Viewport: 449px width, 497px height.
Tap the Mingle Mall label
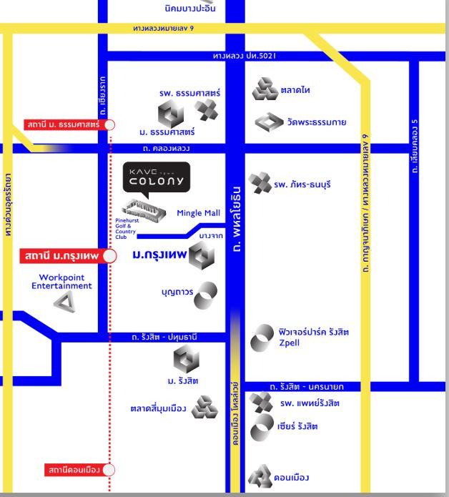point(198,213)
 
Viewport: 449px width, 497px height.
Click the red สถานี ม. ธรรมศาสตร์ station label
point(64,125)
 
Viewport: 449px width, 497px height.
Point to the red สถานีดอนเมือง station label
point(72,470)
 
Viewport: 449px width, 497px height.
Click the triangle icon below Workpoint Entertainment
point(64,302)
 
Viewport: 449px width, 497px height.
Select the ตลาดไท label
point(295,91)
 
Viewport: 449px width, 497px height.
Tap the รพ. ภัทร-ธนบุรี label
point(302,184)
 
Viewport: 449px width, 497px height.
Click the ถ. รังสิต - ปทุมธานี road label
point(164,337)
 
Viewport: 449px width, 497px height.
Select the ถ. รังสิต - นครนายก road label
point(306,387)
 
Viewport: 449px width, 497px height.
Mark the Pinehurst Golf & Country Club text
point(126,229)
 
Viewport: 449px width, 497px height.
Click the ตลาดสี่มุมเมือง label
point(158,409)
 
